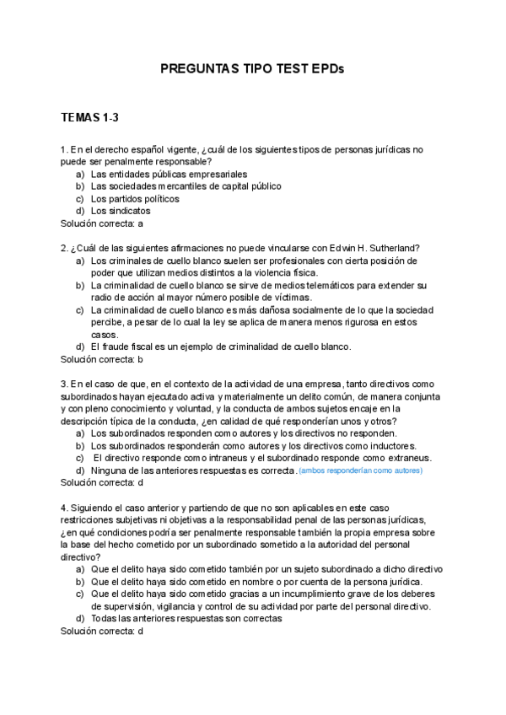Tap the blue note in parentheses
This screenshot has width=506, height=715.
[x=361, y=470]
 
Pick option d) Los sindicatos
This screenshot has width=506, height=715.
[x=120, y=211]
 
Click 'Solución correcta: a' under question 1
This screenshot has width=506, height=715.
[x=102, y=223]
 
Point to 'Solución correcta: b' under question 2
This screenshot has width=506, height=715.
[x=102, y=359]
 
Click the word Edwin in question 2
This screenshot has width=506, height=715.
[x=340, y=248]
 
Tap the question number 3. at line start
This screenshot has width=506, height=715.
[x=64, y=384]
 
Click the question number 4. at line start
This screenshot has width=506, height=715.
[x=64, y=508]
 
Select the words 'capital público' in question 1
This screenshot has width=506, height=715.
[x=251, y=186]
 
